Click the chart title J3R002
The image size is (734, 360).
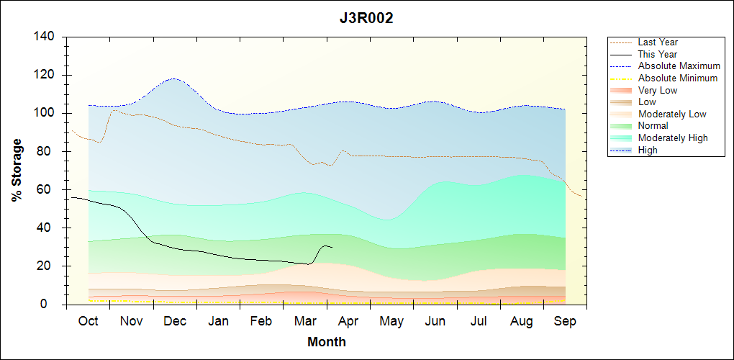(366, 19)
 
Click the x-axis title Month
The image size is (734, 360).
(327, 342)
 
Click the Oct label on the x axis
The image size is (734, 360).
(88, 322)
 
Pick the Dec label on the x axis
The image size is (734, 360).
(175, 322)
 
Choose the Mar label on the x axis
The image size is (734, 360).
(305, 322)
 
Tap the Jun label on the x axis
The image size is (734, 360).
(435, 322)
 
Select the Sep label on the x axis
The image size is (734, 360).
(565, 322)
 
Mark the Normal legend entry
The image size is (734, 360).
(653, 126)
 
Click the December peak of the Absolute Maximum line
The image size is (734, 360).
(173, 78)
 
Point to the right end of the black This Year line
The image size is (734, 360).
(332, 247)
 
